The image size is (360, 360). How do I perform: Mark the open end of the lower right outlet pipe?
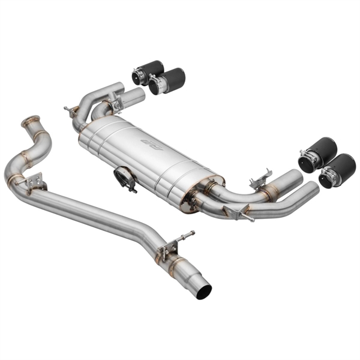[x=311, y=189]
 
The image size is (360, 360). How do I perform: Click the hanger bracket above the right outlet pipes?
[x=259, y=176]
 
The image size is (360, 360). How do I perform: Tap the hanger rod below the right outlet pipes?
[x=240, y=213]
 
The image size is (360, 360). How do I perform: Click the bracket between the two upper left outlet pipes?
[x=115, y=103]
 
